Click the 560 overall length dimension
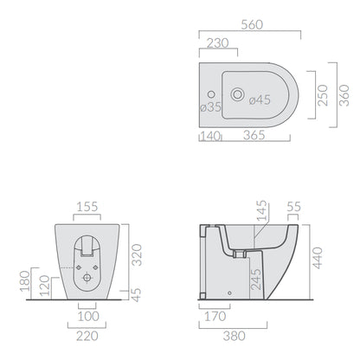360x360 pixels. click(252, 25)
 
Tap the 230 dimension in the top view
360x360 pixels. click(218, 43)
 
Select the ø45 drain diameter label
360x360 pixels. click(260, 100)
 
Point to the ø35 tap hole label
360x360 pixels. click(211, 107)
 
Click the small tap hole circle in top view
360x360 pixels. click(211, 94)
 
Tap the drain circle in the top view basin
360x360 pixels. click(238, 94)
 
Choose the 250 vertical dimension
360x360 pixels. click(323, 95)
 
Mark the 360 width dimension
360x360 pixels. click(344, 95)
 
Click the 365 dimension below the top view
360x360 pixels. click(254, 135)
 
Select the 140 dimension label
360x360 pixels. click(210, 136)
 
